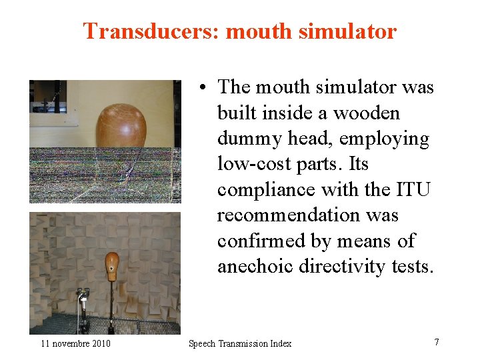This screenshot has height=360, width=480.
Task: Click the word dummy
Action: [249, 139]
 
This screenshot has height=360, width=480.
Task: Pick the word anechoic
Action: [255, 266]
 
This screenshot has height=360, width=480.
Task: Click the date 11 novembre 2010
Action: [75, 343]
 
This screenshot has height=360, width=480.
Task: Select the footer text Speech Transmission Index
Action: [240, 343]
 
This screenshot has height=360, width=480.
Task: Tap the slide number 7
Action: [437, 342]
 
